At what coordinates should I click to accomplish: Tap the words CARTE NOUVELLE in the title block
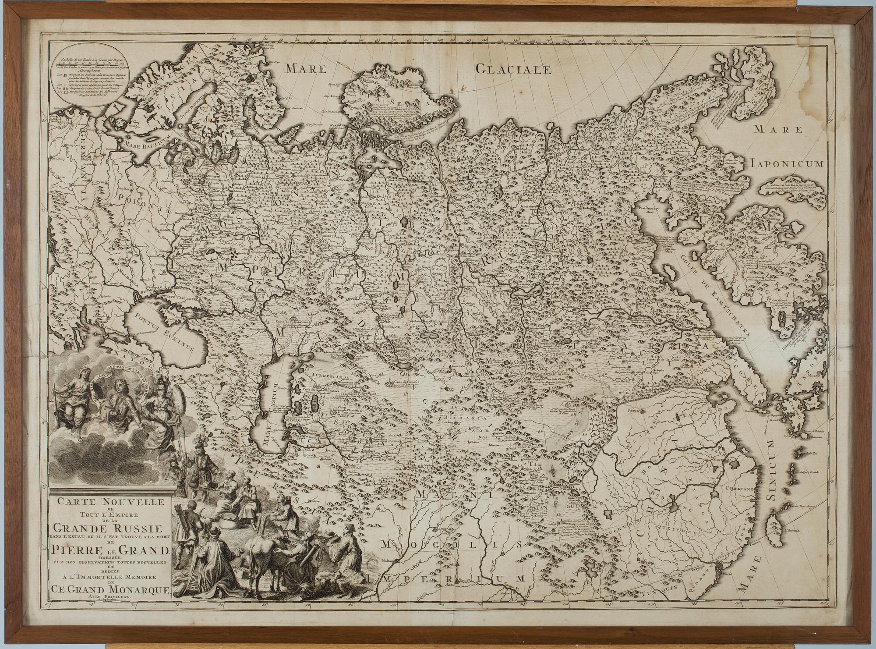click(x=108, y=501)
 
